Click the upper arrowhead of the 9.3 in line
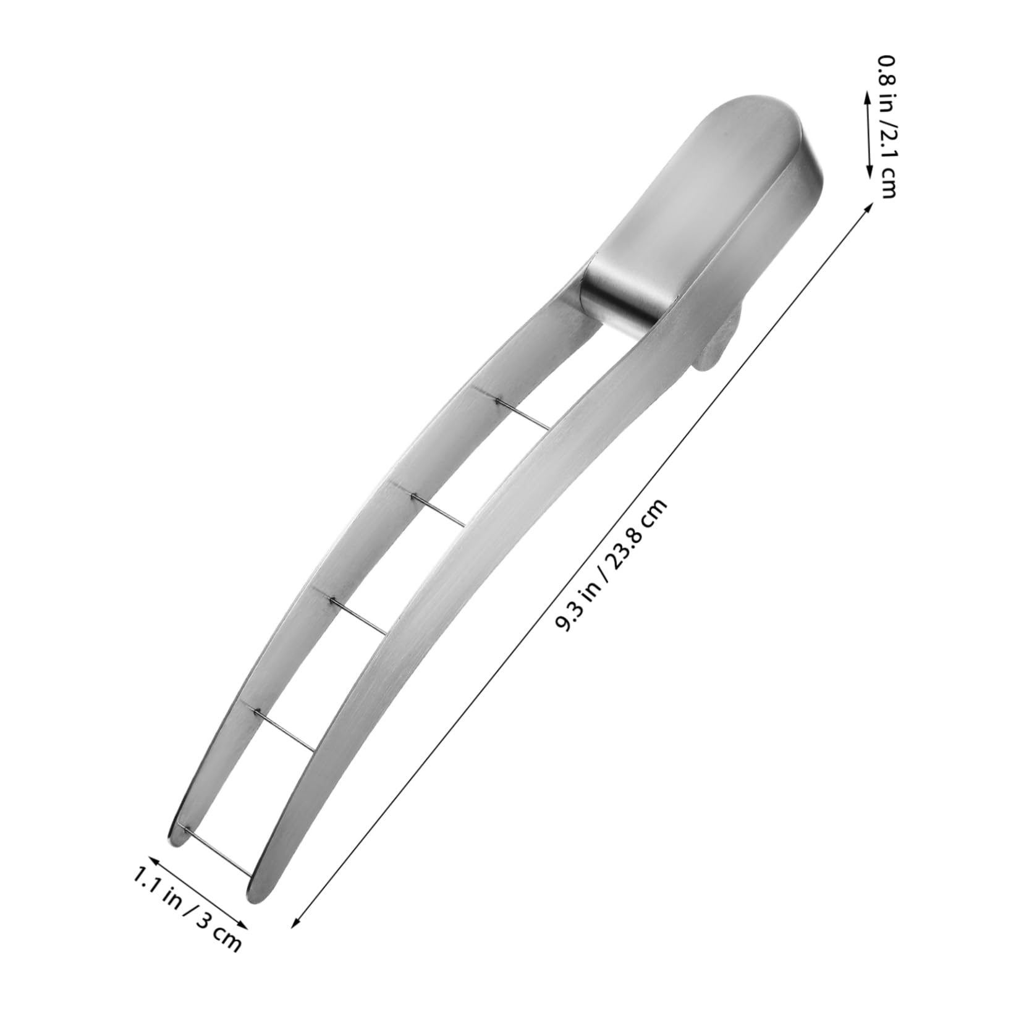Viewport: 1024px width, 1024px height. (870, 206)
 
